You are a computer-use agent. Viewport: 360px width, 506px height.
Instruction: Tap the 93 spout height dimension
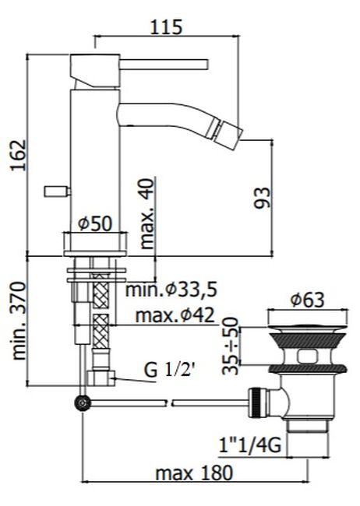tap(262, 198)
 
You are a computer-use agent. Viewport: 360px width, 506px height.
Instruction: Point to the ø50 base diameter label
tap(96, 223)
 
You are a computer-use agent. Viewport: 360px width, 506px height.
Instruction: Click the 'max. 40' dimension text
tap(147, 214)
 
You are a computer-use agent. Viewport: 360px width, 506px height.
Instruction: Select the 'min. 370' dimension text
tap(19, 321)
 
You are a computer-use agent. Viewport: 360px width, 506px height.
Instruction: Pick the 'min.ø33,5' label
tap(171, 289)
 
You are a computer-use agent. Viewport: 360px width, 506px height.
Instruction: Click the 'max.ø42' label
tap(175, 315)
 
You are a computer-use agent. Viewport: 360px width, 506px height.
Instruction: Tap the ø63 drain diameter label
tap(307, 300)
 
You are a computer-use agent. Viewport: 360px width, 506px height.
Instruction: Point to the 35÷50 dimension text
tap(231, 346)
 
